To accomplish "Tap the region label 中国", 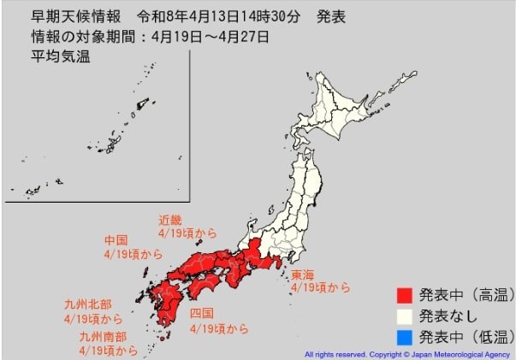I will pos(116,239).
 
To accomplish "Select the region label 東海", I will pos(303,274).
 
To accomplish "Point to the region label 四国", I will pos(202,314).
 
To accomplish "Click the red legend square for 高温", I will pos(405,296).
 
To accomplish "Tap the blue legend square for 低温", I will pos(405,336).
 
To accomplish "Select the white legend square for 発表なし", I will pos(405,316).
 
